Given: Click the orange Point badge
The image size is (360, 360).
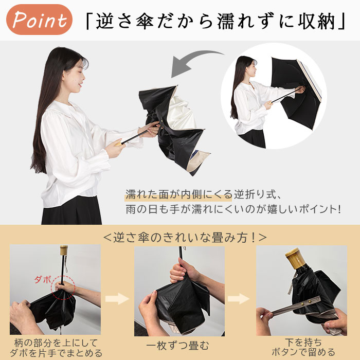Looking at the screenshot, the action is (39, 20).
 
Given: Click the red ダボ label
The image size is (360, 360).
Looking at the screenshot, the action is (43, 279).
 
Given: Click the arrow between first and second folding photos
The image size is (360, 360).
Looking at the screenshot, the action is (117, 298).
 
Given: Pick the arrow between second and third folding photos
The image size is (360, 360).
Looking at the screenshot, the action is (239, 298).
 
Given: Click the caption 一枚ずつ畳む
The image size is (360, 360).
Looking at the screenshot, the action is (178, 346).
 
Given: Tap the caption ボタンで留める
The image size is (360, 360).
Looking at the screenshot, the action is (303, 352).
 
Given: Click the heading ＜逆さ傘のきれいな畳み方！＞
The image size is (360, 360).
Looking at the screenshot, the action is (185, 237).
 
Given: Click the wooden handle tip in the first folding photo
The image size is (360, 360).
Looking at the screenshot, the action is (64, 250).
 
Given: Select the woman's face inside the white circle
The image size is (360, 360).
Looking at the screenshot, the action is (251, 68).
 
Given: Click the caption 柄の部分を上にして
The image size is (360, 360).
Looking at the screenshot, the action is (56, 343).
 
